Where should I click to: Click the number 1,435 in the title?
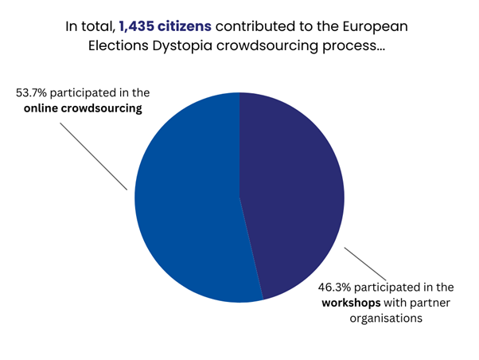pyautogui.click(x=137, y=25)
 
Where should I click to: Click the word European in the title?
pyautogui.click(x=380, y=25)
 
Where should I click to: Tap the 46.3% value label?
pyautogui.click(x=335, y=287)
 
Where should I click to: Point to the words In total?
pyautogui.click(x=90, y=25)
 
